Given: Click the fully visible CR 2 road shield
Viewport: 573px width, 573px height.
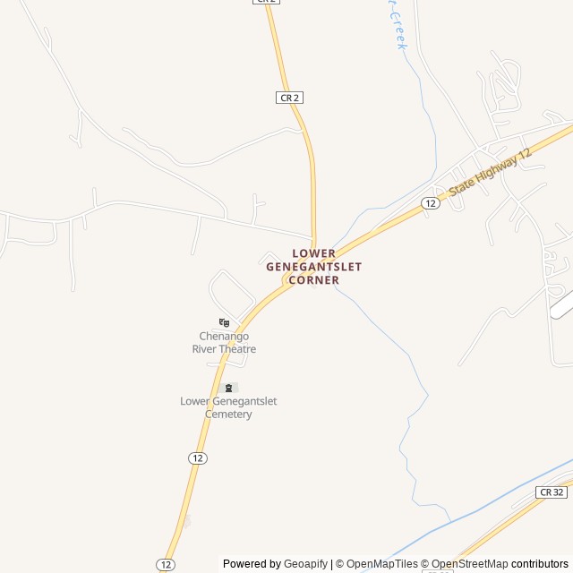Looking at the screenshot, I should (288, 97).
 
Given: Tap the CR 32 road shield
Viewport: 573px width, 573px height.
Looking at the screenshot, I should (552, 492).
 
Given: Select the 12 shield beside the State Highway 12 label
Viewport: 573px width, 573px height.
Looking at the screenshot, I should (431, 203).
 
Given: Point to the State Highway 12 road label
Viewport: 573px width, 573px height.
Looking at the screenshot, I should (490, 173).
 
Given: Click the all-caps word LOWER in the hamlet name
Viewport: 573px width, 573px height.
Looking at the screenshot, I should (313, 253).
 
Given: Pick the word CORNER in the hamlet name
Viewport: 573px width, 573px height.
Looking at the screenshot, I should (313, 280).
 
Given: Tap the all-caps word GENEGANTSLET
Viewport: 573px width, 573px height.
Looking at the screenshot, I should (313, 267).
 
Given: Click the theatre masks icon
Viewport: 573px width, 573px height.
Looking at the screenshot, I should (224, 322).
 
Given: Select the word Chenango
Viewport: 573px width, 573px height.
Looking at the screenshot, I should (224, 337).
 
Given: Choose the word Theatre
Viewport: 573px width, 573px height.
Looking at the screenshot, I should (239, 349).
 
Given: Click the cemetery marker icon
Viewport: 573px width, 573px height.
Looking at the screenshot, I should (228, 388).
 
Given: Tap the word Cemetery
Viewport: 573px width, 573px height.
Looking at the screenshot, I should (228, 415).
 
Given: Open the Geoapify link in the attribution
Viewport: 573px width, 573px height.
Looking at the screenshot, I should (306, 564).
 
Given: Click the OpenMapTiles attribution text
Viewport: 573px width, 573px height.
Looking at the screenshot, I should (382, 564).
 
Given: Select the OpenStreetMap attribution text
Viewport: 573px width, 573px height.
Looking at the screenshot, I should (470, 564).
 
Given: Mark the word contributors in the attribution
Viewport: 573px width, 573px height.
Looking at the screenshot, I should (540, 564).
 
